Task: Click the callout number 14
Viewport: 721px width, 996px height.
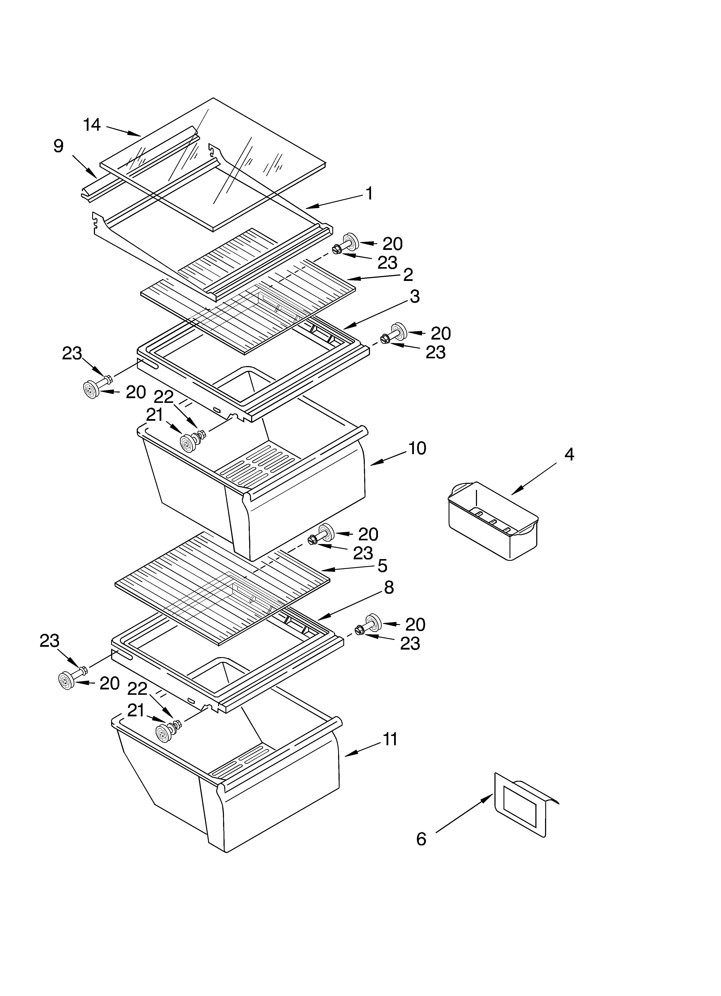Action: (92, 125)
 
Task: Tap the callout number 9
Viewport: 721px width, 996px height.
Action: (58, 146)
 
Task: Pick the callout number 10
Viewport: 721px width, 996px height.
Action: (417, 448)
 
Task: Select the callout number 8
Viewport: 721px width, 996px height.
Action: (389, 588)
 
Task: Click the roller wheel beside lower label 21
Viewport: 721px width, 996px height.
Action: (163, 734)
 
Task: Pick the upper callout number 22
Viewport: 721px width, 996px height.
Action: (164, 397)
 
